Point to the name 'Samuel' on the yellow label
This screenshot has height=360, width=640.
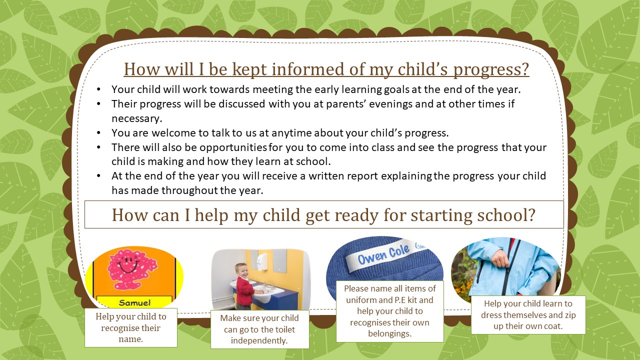tap(134, 303)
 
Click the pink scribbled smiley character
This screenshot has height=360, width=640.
tap(132, 269)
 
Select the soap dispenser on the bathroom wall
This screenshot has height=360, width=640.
tap(261, 261)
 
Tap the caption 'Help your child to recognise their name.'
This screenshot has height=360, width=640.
tap(131, 327)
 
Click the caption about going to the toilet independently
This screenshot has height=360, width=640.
tap(259, 329)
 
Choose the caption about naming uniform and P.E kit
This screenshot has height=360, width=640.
tap(390, 311)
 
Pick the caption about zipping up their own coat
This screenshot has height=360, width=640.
tap(528, 315)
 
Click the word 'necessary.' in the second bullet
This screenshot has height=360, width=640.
tap(137, 118)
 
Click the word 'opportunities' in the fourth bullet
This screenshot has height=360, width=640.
tap(233, 147)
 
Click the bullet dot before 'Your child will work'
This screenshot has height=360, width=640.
tap(98, 89)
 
